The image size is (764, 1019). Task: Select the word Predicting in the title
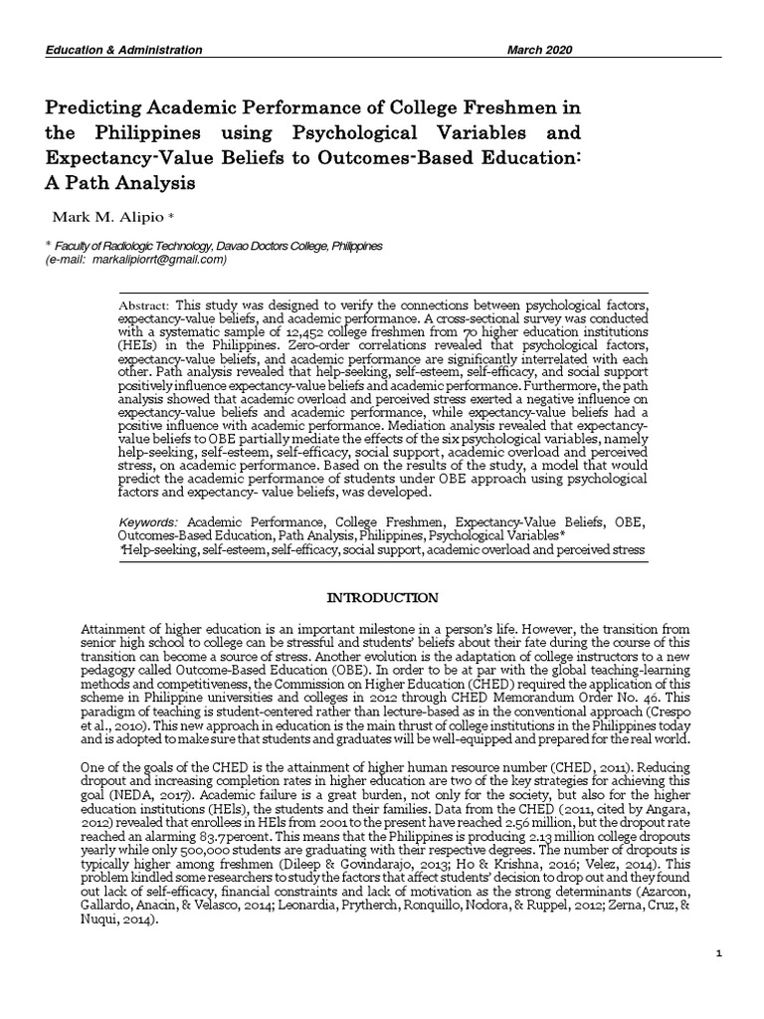(88, 107)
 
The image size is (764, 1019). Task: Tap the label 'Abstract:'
(144, 303)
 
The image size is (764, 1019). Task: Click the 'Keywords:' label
(148, 521)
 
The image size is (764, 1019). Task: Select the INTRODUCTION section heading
(383, 598)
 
